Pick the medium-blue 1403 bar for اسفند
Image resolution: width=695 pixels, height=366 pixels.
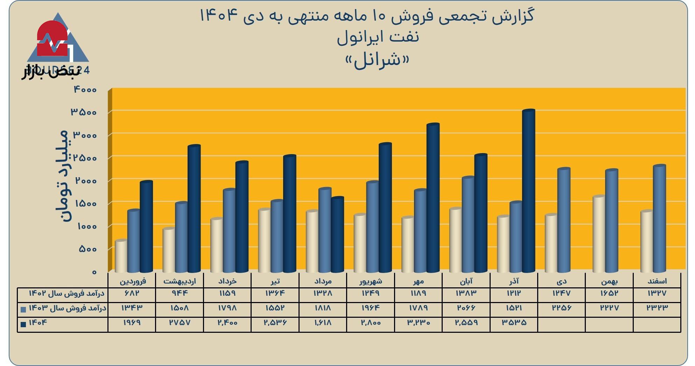click(659, 219)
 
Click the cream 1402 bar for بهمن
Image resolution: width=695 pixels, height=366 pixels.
click(599, 234)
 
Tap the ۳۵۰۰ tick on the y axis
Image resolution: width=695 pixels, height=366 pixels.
click(84, 112)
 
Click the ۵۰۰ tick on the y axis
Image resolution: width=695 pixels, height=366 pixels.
click(87, 249)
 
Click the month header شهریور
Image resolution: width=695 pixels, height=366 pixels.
click(371, 281)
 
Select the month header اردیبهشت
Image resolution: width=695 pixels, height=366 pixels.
click(180, 281)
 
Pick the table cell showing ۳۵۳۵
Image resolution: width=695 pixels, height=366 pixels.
click(514, 323)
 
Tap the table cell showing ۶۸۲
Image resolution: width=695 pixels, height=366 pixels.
click(132, 293)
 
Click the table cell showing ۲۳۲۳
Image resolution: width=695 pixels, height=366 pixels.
click(657, 308)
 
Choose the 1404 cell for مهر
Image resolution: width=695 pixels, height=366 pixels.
click(418, 323)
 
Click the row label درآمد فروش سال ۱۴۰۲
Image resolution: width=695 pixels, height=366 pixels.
click(66, 293)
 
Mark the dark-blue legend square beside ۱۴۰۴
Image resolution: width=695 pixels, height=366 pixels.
click(23, 324)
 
